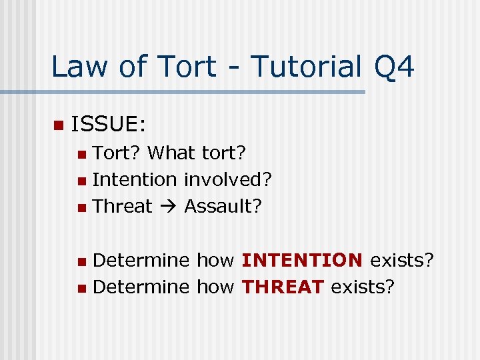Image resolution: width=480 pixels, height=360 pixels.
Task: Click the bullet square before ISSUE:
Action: pyautogui.click(x=57, y=125)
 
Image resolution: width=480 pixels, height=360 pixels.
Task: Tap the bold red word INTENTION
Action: pyautogui.click(x=302, y=260)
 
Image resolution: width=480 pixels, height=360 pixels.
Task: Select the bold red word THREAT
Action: pyautogui.click(x=283, y=287)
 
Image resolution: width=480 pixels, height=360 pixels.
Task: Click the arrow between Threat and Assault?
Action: pyautogui.click(x=169, y=207)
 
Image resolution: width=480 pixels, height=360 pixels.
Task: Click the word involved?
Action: pyautogui.click(x=228, y=179)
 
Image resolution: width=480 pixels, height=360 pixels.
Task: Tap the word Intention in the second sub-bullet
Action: pyautogui.click(x=134, y=179)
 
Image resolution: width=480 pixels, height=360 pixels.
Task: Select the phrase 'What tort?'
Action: pyautogui.click(x=197, y=153)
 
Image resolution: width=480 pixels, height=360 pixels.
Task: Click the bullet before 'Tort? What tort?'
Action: pyautogui.click(x=81, y=155)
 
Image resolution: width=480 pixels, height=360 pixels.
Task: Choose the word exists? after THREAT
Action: pyautogui.click(x=363, y=287)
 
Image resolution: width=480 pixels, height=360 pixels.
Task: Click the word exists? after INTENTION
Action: pyautogui.click(x=402, y=260)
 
